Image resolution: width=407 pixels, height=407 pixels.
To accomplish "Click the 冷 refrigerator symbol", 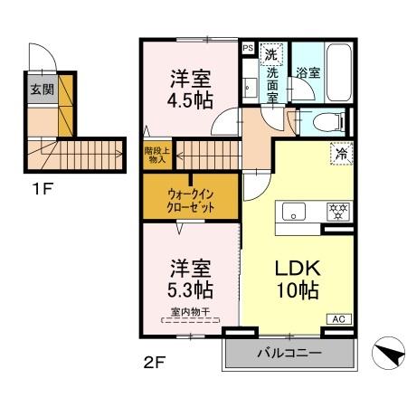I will pos(340,154).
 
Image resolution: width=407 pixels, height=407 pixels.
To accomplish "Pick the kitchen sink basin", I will pos(294,212).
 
